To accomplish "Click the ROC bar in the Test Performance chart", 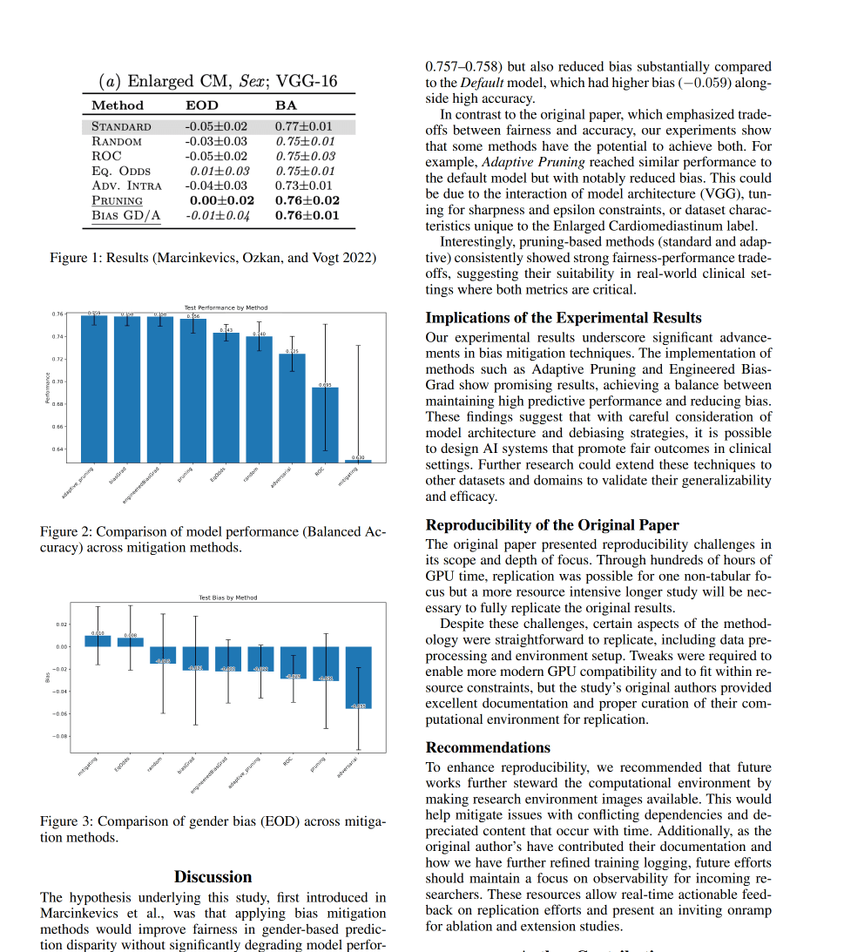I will point(325,424).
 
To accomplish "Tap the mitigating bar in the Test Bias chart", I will point(98,640).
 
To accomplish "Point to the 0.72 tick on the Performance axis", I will point(57,359).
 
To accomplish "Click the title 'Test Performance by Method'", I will point(226,307).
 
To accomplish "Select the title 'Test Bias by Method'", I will point(227,598).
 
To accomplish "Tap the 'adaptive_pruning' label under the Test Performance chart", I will point(78,483).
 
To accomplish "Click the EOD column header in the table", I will point(202,105).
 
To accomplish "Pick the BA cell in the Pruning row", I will point(307,200).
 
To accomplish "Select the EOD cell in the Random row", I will point(215,141).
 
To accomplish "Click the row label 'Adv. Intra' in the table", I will point(126,186).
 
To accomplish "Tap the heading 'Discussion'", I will point(213,876).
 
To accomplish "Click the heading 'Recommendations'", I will point(488,747).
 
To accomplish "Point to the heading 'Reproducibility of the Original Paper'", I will point(551,524).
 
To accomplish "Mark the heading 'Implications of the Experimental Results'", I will point(563,317).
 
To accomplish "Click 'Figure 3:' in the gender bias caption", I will point(66,821).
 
